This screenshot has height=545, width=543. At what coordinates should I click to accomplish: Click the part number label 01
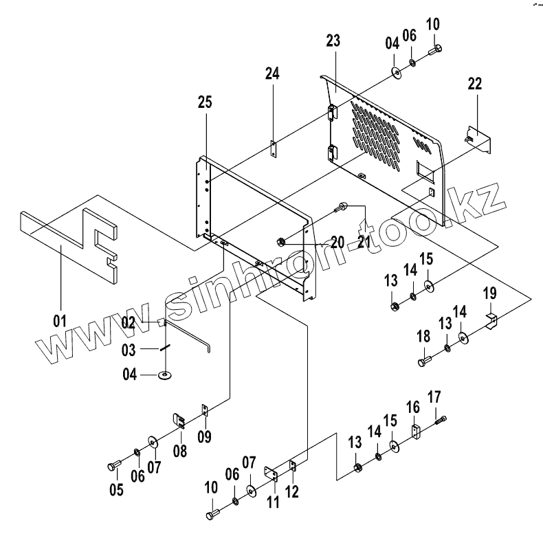click(60, 320)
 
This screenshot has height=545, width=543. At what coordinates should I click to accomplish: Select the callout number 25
click(204, 102)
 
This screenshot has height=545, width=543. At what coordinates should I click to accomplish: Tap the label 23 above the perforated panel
click(333, 41)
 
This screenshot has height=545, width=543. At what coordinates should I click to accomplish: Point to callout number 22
click(475, 84)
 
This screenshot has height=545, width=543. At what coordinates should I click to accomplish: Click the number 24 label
click(272, 74)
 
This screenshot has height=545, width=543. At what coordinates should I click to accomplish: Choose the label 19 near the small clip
click(489, 294)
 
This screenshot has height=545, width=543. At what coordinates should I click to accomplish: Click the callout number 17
click(434, 397)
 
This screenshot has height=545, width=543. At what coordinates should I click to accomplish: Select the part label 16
click(412, 408)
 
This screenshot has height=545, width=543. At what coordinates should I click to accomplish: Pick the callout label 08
click(179, 451)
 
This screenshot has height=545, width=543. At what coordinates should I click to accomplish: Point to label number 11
click(273, 502)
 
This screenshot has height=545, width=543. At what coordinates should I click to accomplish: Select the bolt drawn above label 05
click(114, 467)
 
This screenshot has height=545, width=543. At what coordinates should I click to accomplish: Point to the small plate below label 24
click(273, 148)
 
